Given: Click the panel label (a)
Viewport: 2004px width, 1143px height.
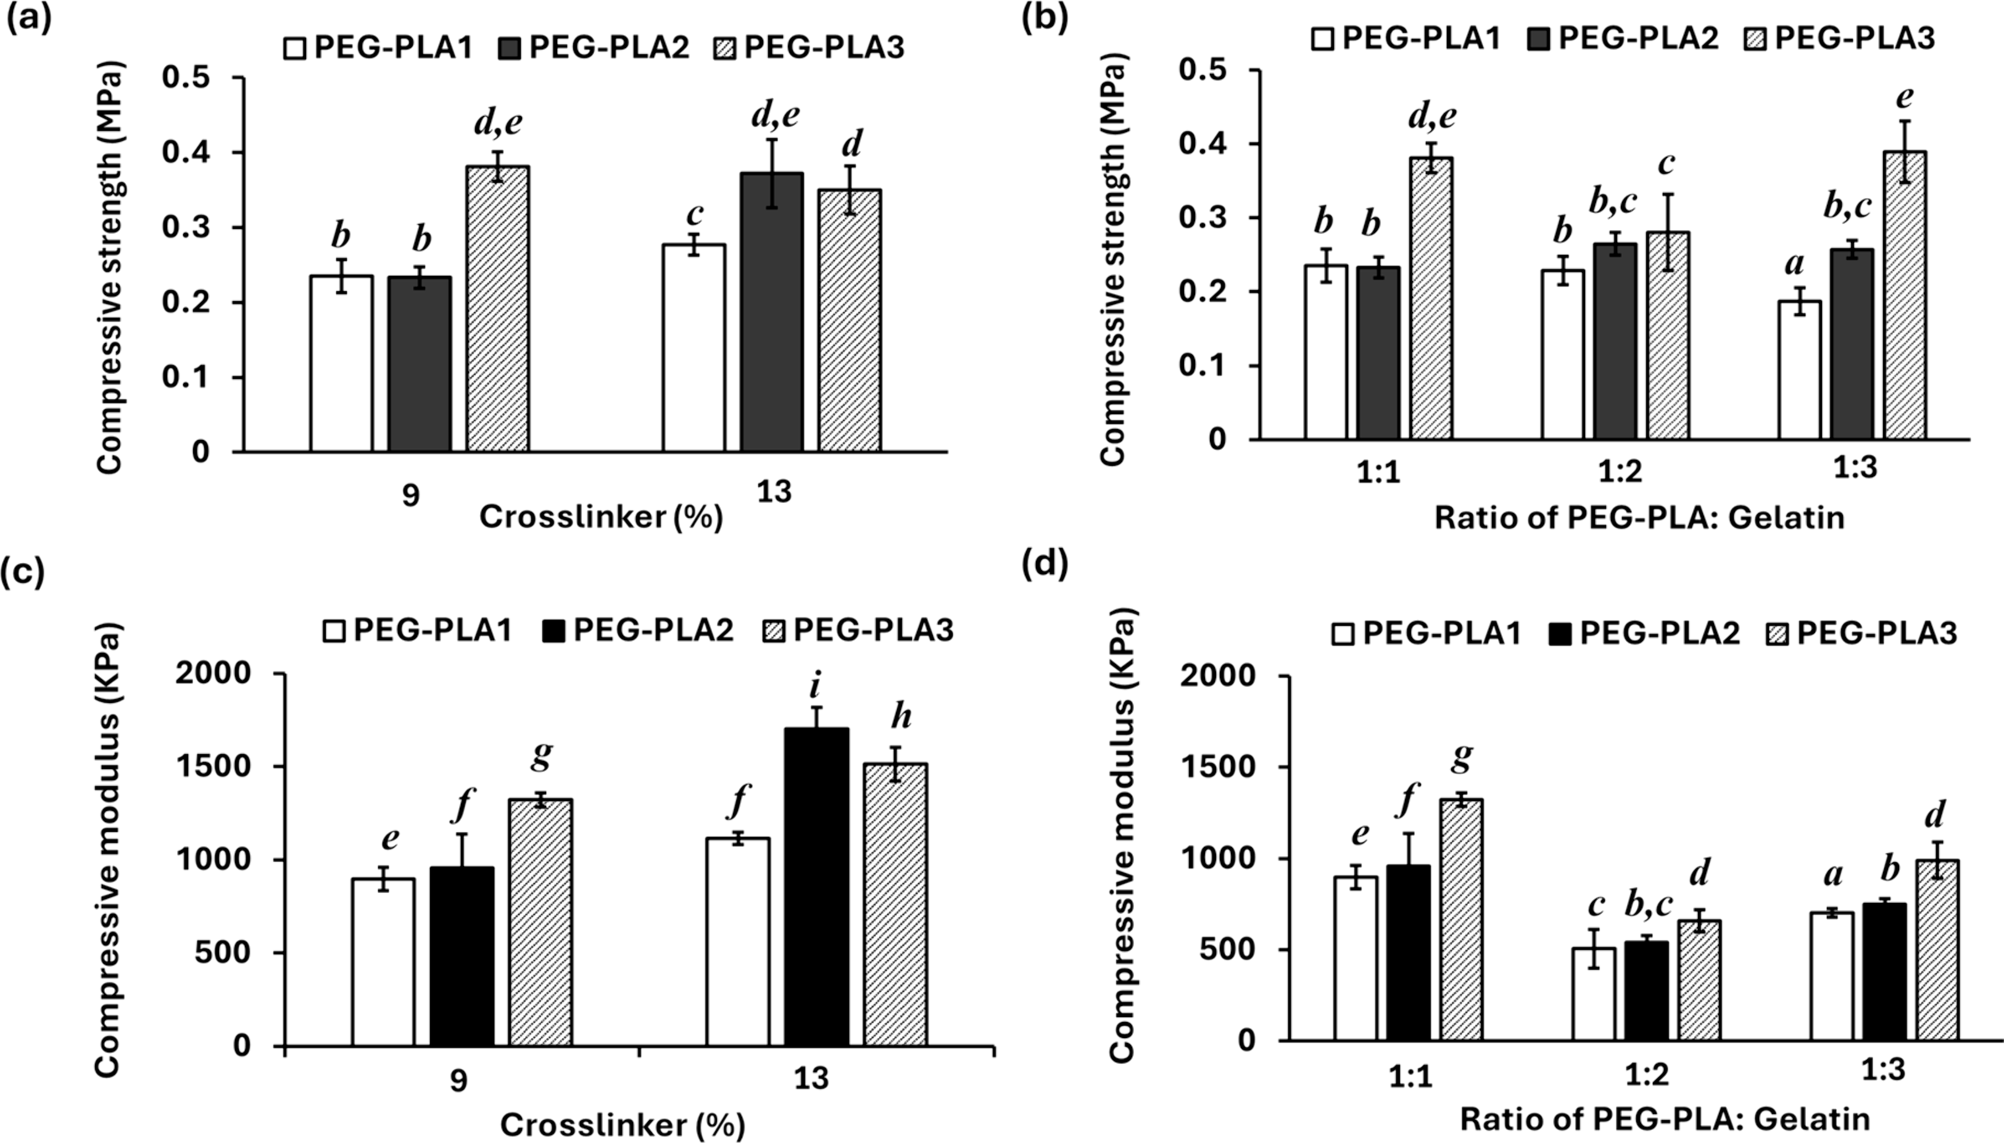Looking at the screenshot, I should coord(29,17).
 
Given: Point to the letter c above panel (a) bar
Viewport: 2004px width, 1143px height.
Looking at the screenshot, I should coord(694,214).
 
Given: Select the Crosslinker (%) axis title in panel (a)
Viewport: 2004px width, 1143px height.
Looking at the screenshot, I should coord(601,517).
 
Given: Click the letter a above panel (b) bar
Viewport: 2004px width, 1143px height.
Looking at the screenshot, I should coord(1794,263).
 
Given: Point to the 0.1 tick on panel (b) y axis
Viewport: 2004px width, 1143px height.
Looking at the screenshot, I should coord(1207,366).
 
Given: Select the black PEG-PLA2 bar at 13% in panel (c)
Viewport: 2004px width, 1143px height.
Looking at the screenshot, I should coord(817,887).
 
